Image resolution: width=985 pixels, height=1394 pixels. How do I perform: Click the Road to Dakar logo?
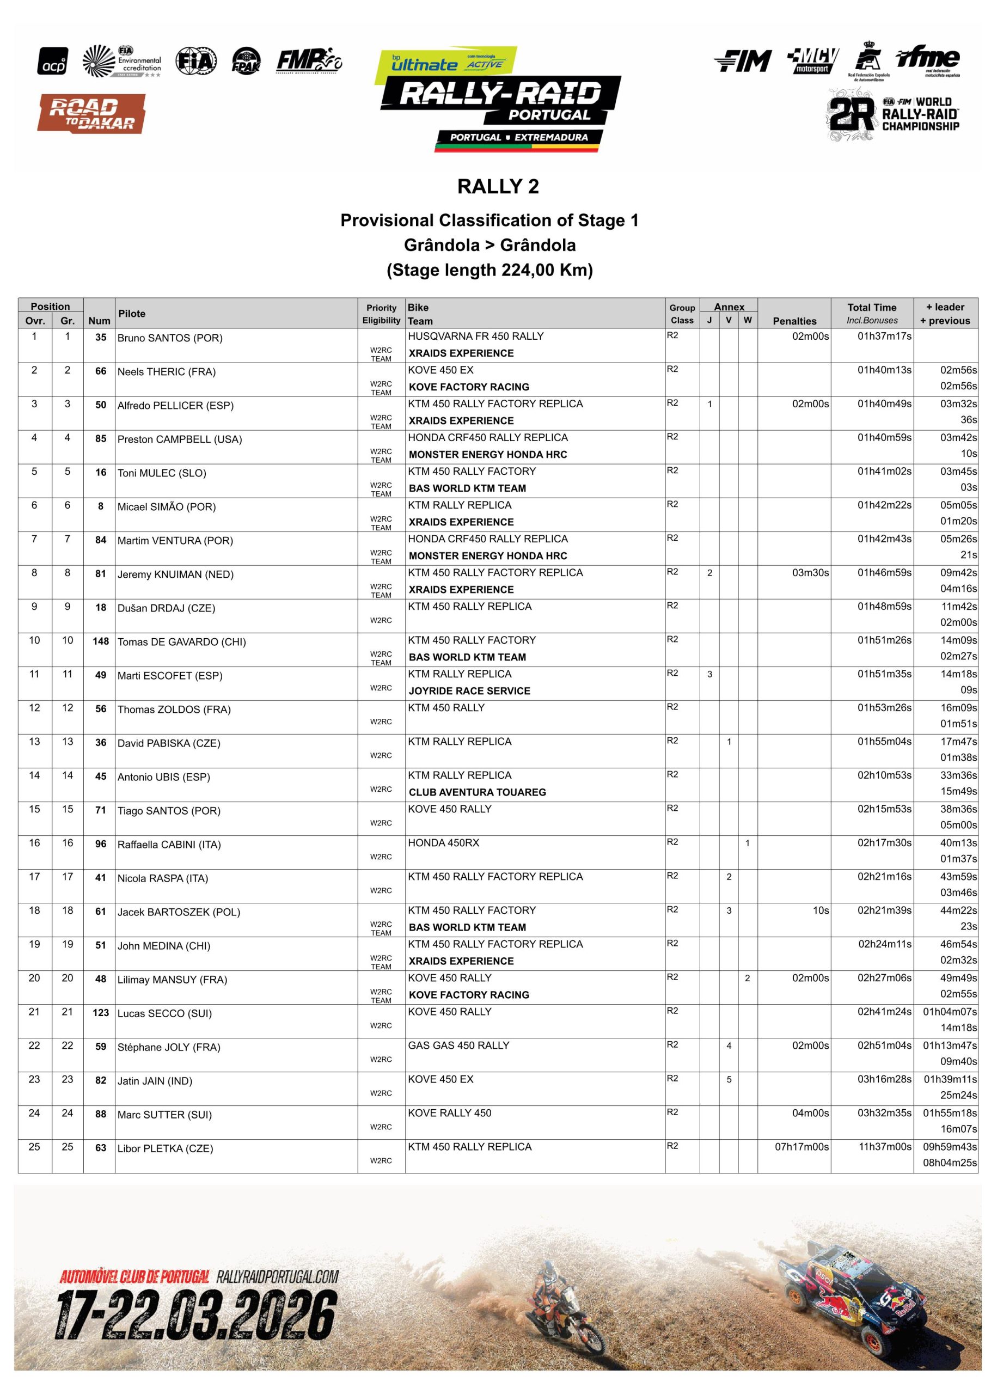[91, 114]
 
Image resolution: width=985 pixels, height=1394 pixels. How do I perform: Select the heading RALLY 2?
[498, 186]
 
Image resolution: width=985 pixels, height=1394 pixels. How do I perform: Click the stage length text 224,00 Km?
[490, 270]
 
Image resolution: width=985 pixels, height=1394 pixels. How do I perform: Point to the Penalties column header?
[794, 321]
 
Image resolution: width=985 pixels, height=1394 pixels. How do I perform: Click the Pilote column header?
[132, 313]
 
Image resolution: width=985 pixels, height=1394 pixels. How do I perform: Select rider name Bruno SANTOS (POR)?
[170, 338]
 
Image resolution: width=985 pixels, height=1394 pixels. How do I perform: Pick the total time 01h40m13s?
[884, 370]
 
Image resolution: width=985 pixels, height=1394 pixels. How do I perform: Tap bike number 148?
[100, 641]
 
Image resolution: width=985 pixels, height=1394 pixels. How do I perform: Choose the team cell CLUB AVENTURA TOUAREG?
[477, 792]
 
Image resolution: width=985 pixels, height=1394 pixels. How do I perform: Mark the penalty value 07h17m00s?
[801, 1146]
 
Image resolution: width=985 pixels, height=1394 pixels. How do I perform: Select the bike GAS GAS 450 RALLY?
[458, 1045]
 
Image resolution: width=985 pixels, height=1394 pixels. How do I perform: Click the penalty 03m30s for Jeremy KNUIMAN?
[810, 572]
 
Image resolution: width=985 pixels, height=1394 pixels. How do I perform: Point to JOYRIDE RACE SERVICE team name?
[469, 690]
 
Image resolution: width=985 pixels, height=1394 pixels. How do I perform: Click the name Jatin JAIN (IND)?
[155, 1081]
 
